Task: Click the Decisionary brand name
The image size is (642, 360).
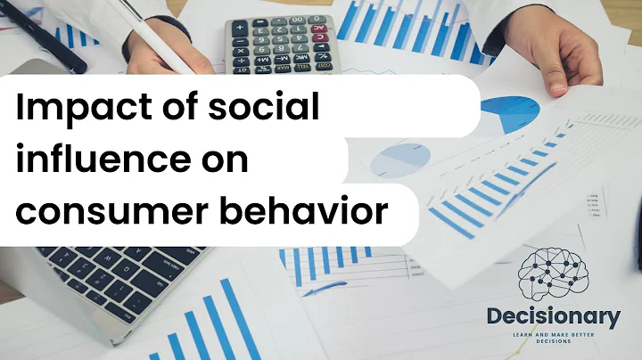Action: (x=554, y=316)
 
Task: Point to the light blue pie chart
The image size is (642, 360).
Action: (x=399, y=160)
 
